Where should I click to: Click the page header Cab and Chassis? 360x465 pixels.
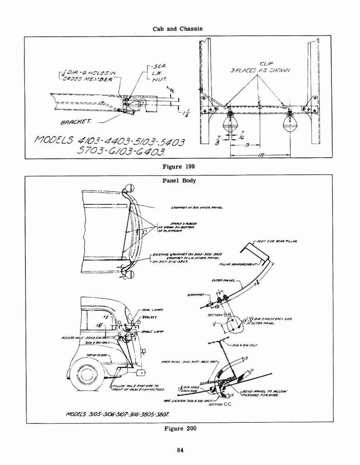[178, 28]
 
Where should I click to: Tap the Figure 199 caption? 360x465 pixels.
[178, 167]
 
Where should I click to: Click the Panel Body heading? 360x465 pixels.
[179, 180]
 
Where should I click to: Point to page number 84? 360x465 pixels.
[180, 450]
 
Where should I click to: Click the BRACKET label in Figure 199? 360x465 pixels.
[76, 122]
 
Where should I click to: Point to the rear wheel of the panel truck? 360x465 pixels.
[87, 374]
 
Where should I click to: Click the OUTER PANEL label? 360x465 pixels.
[220, 281]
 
